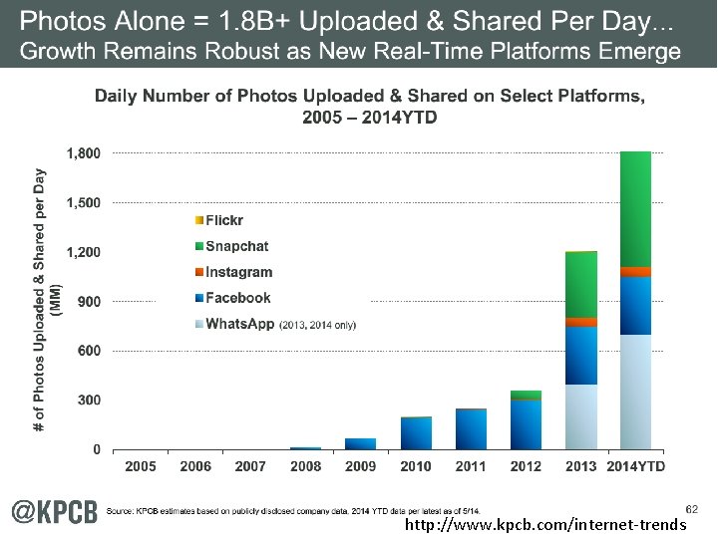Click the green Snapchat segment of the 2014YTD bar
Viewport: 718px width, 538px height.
[x=635, y=209]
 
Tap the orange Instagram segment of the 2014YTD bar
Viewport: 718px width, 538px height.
[x=635, y=272]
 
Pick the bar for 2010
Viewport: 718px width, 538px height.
[x=416, y=433]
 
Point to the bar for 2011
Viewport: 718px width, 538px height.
[x=471, y=429]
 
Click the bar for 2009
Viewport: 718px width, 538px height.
[x=361, y=444]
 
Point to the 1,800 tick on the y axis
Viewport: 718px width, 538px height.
[x=83, y=153]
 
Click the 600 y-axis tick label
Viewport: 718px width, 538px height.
[x=89, y=351]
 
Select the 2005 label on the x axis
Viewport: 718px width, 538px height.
[x=141, y=466]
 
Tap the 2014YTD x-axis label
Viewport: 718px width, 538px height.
[x=635, y=466]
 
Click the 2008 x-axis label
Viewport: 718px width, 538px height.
[x=306, y=466]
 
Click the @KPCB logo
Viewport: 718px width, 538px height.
[x=55, y=511]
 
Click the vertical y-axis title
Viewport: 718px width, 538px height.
[x=47, y=299]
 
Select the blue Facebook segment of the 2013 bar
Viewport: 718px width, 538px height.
[x=580, y=355]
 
